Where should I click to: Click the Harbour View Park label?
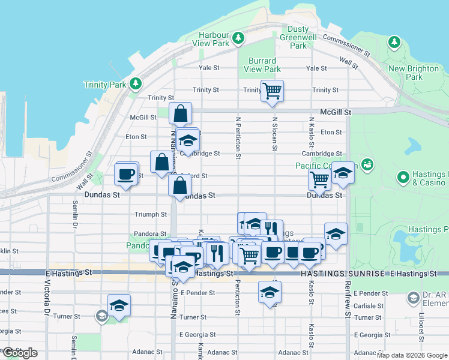[211, 39]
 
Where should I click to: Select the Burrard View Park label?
[262, 65]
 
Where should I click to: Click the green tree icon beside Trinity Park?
[136, 83]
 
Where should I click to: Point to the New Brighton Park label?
[414, 73]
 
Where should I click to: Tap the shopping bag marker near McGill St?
[180, 113]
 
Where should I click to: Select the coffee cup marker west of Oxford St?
[126, 174]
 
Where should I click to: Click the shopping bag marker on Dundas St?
[180, 185]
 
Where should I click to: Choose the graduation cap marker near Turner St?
[119, 305]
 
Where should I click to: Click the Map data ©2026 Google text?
[412, 355]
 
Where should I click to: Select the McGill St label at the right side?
[335, 112]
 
